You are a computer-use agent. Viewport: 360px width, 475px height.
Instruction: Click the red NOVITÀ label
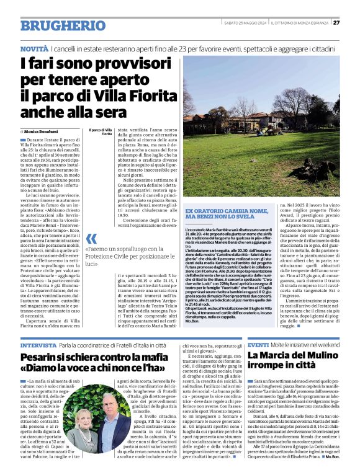(x=34, y=48)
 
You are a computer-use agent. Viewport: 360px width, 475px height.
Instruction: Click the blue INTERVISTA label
(x=38, y=345)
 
